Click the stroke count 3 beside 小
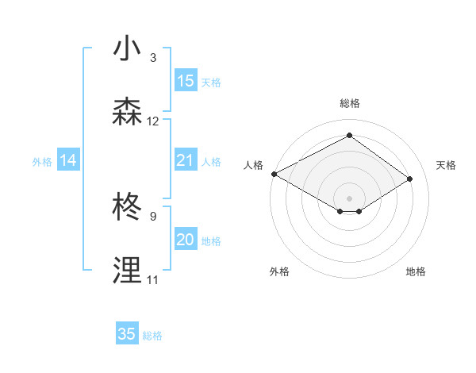153,58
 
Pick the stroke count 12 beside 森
153,121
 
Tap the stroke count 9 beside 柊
153,216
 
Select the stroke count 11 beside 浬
153,279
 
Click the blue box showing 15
186,81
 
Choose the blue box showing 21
186,160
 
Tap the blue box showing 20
186,240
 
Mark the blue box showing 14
68,160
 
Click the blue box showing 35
127,334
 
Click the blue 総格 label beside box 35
153,336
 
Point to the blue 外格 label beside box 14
42,162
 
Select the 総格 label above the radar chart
349,103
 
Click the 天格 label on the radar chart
446,165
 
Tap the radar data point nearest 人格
274,173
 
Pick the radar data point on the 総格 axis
349,135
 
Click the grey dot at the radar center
349,198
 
